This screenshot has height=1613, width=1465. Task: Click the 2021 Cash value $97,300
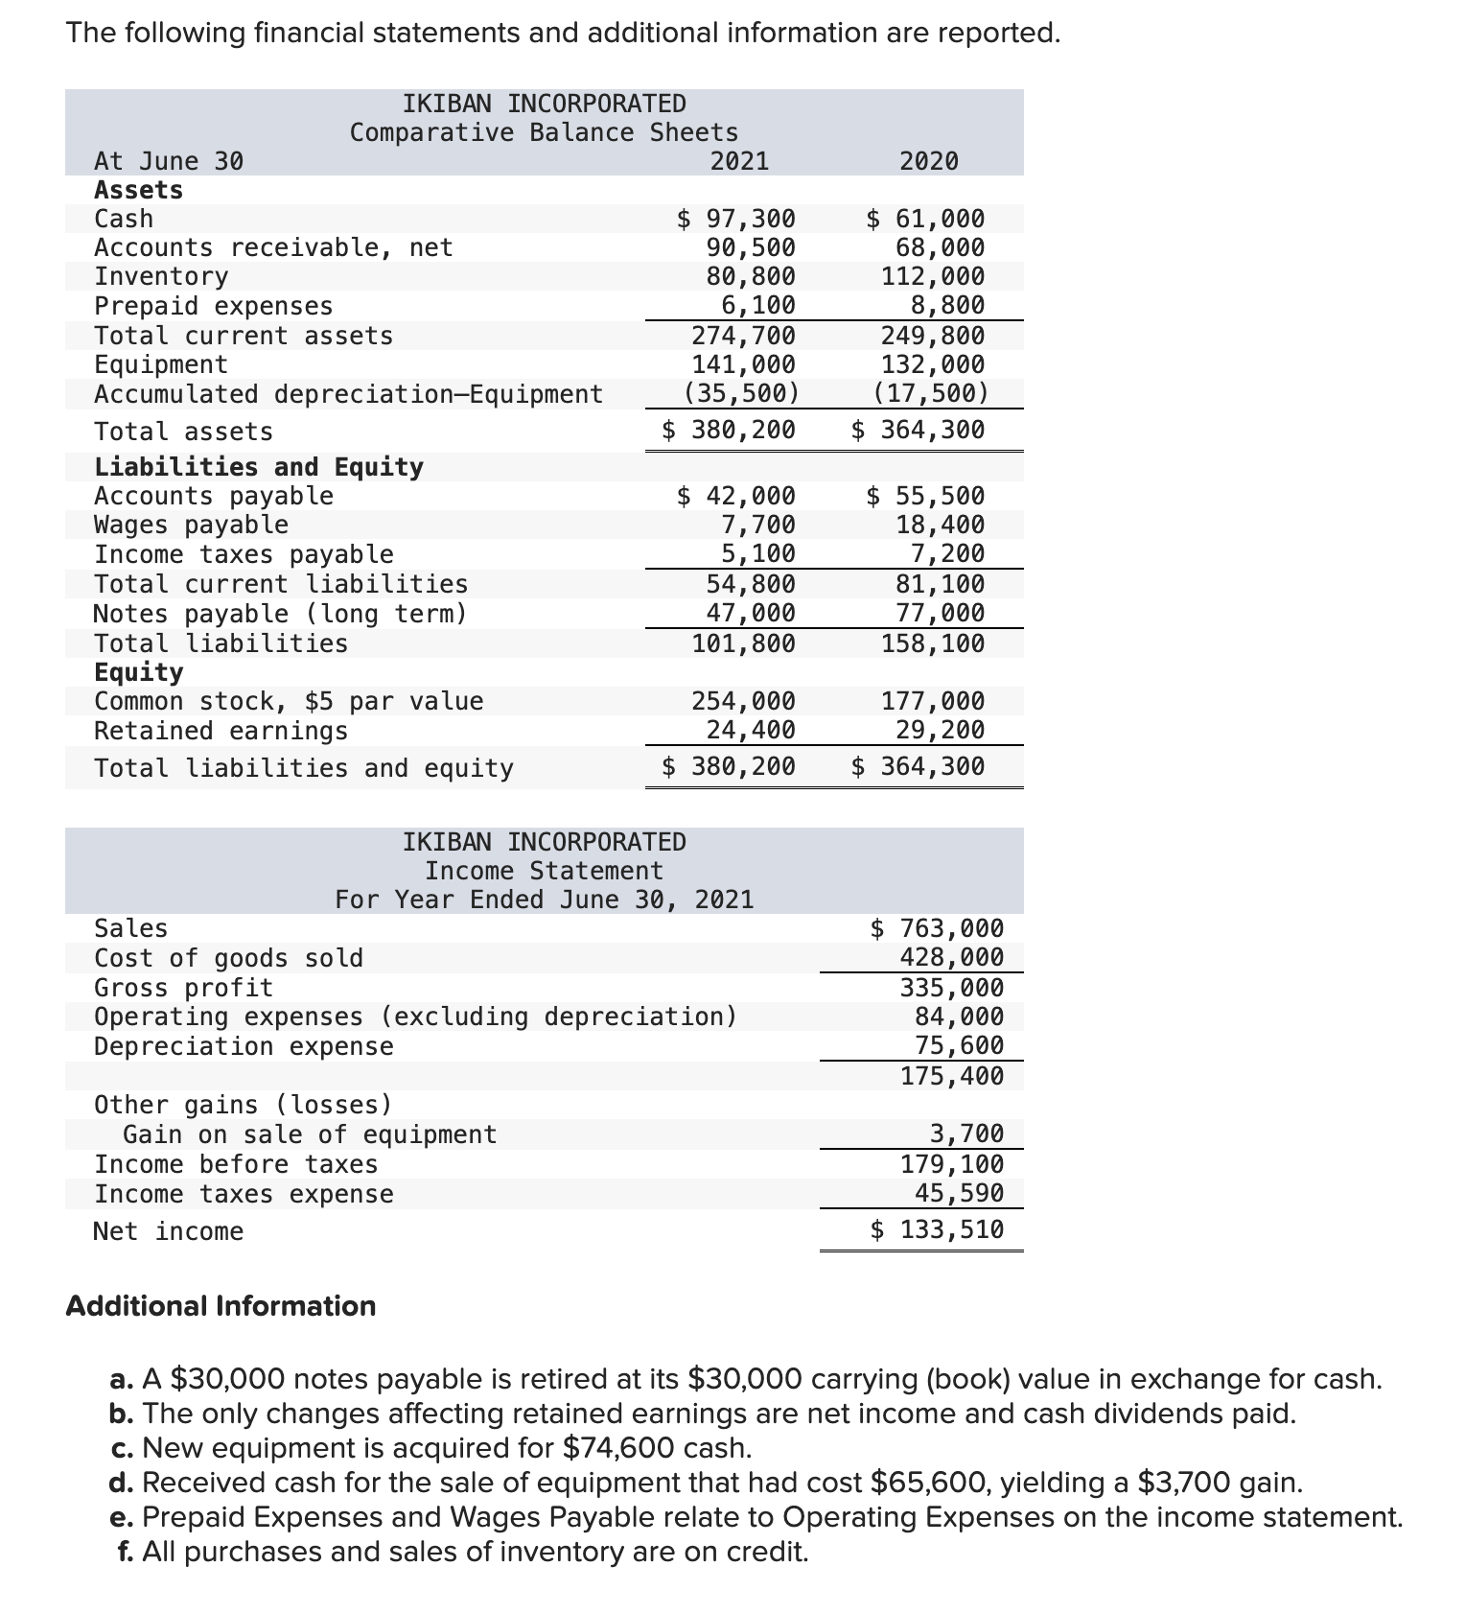coord(736,220)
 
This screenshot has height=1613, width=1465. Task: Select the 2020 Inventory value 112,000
coord(932,277)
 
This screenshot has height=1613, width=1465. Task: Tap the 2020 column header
coord(928,161)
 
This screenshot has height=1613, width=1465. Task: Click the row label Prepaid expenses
coord(213,307)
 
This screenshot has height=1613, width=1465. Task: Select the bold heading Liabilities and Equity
coord(258,467)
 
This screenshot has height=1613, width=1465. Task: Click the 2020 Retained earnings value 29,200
coord(940,731)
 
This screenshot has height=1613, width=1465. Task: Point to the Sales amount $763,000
coord(937,929)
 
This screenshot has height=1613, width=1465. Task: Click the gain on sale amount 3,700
coord(966,1134)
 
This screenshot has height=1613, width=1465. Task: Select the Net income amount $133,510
coord(937,1230)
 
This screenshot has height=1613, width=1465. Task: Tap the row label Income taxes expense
coord(244,1195)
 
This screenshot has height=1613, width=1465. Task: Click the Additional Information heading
coord(221,1307)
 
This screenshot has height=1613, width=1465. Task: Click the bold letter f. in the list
coord(126,1552)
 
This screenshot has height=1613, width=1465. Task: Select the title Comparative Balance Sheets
coord(544,132)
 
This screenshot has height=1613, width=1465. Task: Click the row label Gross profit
coord(183,988)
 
